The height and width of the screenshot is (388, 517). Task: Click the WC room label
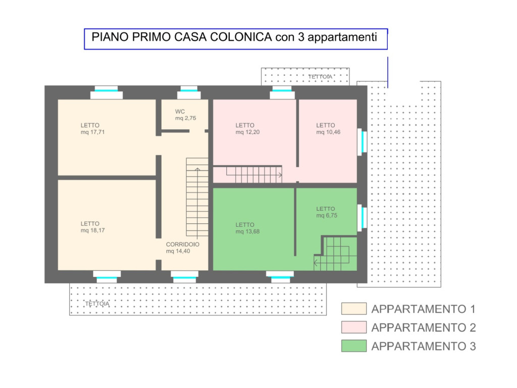[x=180, y=112]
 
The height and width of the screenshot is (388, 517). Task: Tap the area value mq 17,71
[x=93, y=132]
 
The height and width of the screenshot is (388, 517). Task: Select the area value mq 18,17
[x=93, y=230]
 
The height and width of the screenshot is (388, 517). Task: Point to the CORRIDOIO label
[x=183, y=245]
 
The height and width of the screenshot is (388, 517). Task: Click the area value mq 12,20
[x=247, y=132]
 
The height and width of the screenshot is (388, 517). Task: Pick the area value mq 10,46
[x=328, y=132]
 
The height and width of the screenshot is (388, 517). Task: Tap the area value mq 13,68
[x=247, y=231]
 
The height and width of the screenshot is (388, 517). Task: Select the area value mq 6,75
[x=327, y=215]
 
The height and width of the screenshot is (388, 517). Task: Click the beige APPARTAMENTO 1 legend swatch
[x=354, y=309]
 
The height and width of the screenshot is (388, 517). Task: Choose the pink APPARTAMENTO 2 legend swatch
[x=354, y=327]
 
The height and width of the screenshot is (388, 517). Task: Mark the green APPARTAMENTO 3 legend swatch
[x=354, y=346]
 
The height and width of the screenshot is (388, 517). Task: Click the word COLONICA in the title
[x=241, y=37]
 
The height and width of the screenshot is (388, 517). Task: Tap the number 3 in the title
[x=301, y=37]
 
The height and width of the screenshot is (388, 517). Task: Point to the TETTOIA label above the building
[x=320, y=77]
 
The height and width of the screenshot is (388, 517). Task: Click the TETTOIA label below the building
[x=97, y=304]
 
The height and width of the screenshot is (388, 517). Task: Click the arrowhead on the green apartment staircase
[x=316, y=263]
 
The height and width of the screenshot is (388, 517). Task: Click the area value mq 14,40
[x=178, y=251]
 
